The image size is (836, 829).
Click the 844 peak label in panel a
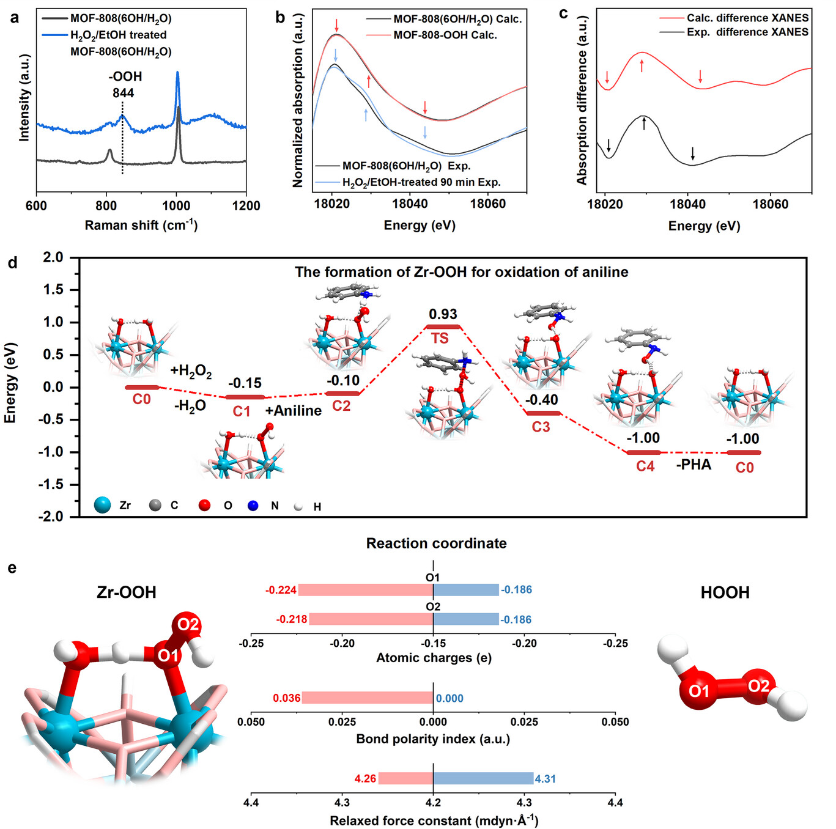tap(123, 93)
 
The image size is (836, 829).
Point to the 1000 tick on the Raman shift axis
tap(176, 205)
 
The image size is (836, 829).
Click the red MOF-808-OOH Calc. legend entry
tap(445, 35)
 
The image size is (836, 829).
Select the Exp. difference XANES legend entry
tap(747, 32)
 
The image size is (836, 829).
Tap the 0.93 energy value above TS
tap(443, 314)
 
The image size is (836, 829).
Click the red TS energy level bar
tap(443, 326)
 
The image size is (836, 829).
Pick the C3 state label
tap(541, 427)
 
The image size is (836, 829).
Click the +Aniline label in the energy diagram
tap(293, 411)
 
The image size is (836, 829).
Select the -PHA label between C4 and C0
tap(694, 465)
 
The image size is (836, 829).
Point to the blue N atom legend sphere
tap(253, 506)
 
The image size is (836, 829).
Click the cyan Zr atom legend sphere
tap(103, 505)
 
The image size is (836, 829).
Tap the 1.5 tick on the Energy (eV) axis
tap(53, 290)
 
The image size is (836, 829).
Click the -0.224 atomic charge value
tap(281, 590)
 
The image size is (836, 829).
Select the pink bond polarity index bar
tap(367, 698)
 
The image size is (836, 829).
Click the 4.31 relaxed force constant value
tap(546, 779)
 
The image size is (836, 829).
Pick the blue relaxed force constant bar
tap(483, 778)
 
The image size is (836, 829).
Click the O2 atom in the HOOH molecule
tap(758, 686)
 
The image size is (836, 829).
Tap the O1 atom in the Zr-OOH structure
tap(168, 655)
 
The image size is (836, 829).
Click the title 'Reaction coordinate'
tap(436, 543)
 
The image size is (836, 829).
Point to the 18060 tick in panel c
tap(770, 204)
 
